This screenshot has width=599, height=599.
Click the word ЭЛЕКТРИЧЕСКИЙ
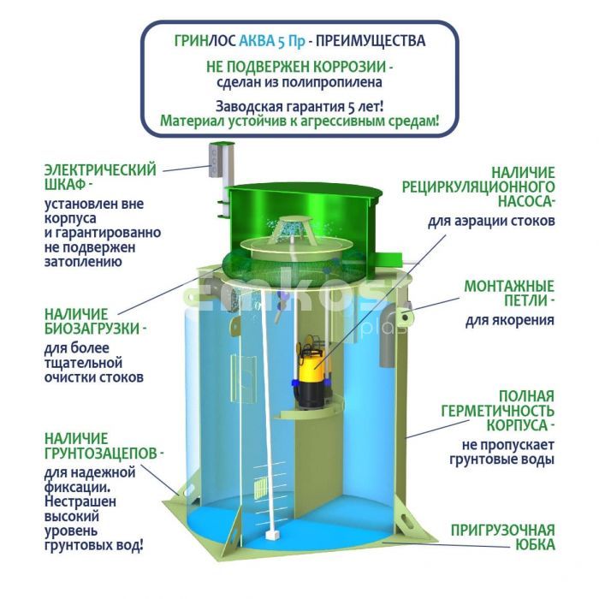(x=100, y=169)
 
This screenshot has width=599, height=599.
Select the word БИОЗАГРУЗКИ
(x=92, y=329)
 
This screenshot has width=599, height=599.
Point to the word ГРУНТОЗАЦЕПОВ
(x=101, y=453)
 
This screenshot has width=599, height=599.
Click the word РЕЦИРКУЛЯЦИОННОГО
(x=478, y=187)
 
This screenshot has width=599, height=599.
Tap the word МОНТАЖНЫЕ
(x=509, y=286)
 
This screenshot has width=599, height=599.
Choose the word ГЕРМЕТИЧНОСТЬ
(x=498, y=411)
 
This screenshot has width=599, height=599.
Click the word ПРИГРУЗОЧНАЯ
(x=503, y=531)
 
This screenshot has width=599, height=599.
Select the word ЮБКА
(x=535, y=545)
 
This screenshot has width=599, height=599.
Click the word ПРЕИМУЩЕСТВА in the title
(x=371, y=40)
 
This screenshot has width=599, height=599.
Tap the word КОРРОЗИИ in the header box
(x=350, y=67)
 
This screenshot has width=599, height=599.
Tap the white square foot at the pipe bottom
(x=271, y=535)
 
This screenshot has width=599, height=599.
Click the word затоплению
(x=83, y=262)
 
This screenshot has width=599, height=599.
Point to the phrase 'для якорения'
(x=510, y=320)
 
